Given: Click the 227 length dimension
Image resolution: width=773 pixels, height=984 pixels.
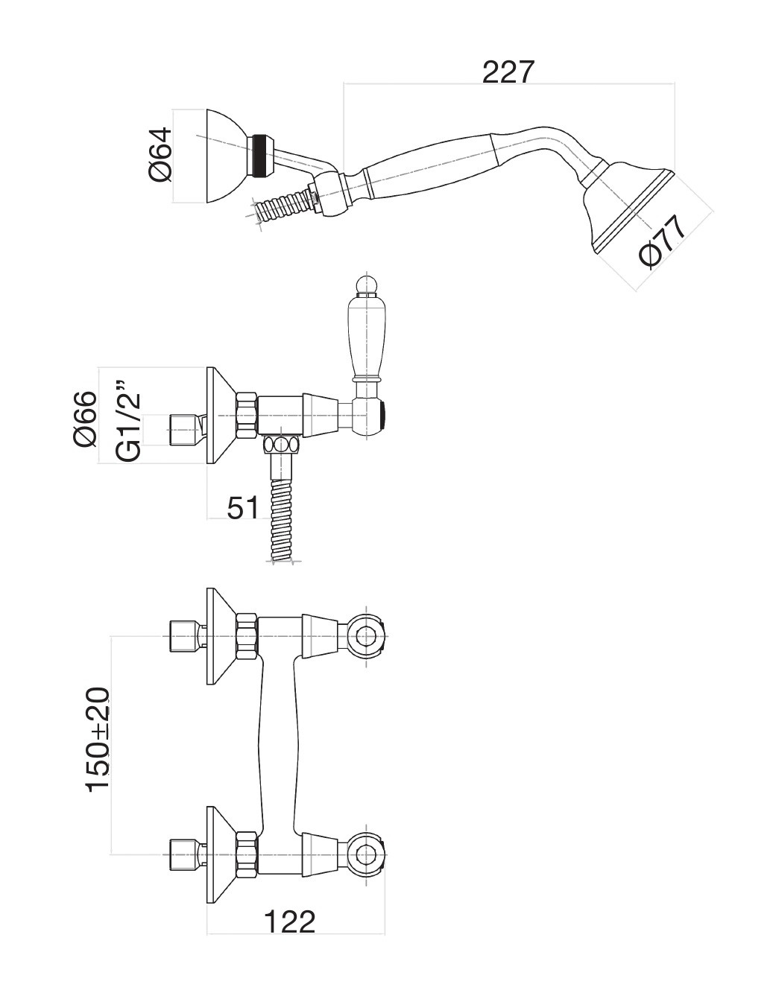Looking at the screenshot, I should (x=509, y=72).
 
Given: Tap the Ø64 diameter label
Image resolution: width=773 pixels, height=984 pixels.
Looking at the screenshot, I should (x=161, y=154).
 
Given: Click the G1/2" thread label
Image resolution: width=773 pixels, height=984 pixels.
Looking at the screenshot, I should (x=128, y=419).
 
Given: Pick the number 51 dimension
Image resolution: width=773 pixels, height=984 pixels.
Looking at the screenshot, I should (x=242, y=508).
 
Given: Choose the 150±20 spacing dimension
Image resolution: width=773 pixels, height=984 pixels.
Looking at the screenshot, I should (x=98, y=740).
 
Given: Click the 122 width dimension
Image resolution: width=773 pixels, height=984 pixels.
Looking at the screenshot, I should (x=290, y=921).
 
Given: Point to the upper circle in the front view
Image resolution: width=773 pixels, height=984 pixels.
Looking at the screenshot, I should (x=365, y=636).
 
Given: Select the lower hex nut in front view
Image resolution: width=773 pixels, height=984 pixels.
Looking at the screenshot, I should (x=247, y=851).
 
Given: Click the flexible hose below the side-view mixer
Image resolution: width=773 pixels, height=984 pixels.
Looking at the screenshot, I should (x=281, y=518).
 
